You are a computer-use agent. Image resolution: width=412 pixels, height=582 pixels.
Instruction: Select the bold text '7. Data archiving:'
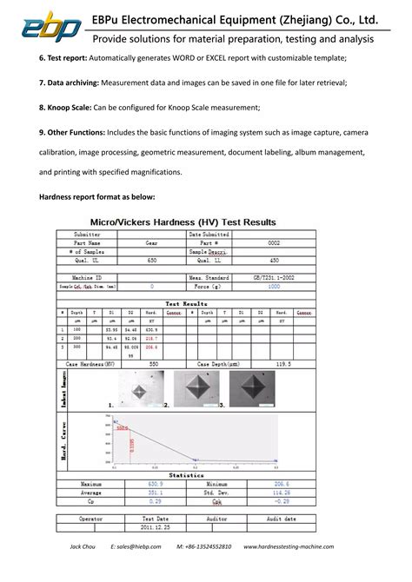70,82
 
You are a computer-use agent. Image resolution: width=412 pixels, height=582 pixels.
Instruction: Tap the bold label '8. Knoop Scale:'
66,107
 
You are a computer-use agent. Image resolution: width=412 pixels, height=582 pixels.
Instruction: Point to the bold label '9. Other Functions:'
72,132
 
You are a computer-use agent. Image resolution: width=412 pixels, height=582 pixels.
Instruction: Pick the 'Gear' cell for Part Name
152,243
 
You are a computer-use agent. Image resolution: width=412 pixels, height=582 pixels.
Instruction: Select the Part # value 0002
274,243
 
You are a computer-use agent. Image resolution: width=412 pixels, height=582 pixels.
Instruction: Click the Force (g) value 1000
274,285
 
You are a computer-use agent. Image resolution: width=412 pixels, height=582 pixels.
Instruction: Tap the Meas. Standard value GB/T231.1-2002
274,277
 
